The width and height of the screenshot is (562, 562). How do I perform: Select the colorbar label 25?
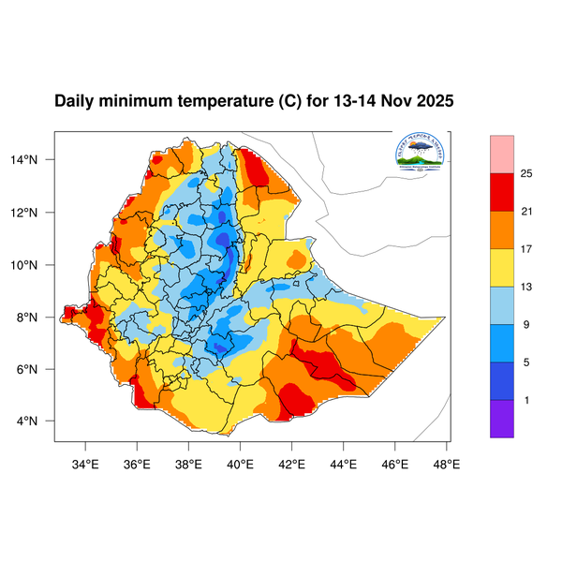click(526, 173)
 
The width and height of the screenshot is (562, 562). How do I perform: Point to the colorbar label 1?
click(526, 401)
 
